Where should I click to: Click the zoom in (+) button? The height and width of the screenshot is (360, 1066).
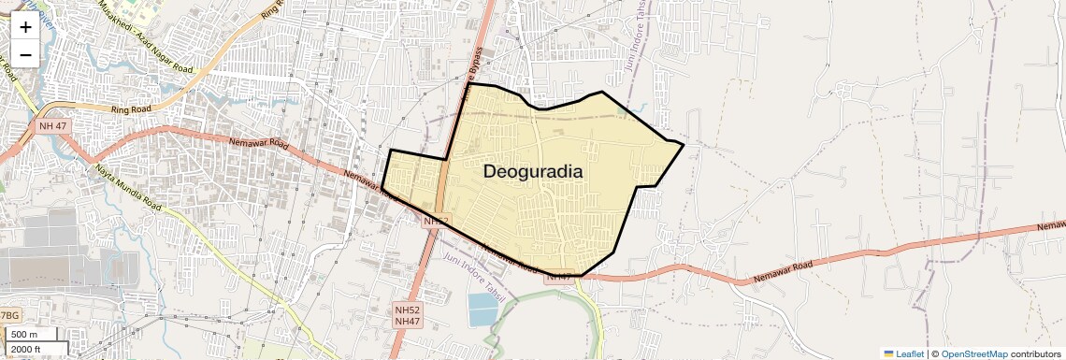coord(25,26)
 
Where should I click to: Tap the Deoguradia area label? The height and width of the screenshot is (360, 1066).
coord(533,172)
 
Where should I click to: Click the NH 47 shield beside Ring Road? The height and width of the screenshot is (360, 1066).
coord(53,125)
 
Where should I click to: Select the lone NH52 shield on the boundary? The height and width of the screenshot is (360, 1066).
coord(436,222)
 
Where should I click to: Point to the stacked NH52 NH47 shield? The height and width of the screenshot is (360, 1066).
coord(407,314)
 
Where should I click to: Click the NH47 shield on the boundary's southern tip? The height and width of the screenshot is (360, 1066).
coord(558,276)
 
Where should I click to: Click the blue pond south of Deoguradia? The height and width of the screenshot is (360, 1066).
coord(483,310)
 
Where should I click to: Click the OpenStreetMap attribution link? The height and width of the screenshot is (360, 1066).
coord(973,353)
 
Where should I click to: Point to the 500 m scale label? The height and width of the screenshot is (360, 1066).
coord(24,335)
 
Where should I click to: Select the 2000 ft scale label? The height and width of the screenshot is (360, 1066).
coord(27,350)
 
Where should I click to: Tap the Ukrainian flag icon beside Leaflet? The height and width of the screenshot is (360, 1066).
coord(888,353)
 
